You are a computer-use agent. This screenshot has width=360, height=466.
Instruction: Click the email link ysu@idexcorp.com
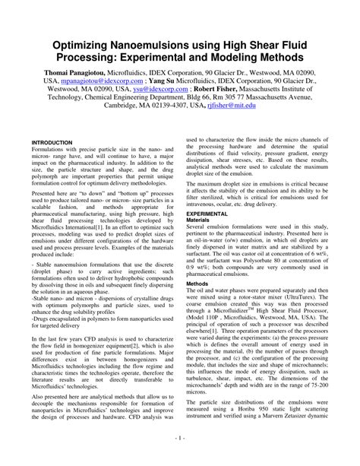point(165,88)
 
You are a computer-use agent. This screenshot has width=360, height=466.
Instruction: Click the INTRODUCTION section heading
point(52,142)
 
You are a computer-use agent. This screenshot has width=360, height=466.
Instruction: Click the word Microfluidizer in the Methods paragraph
point(245,312)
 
